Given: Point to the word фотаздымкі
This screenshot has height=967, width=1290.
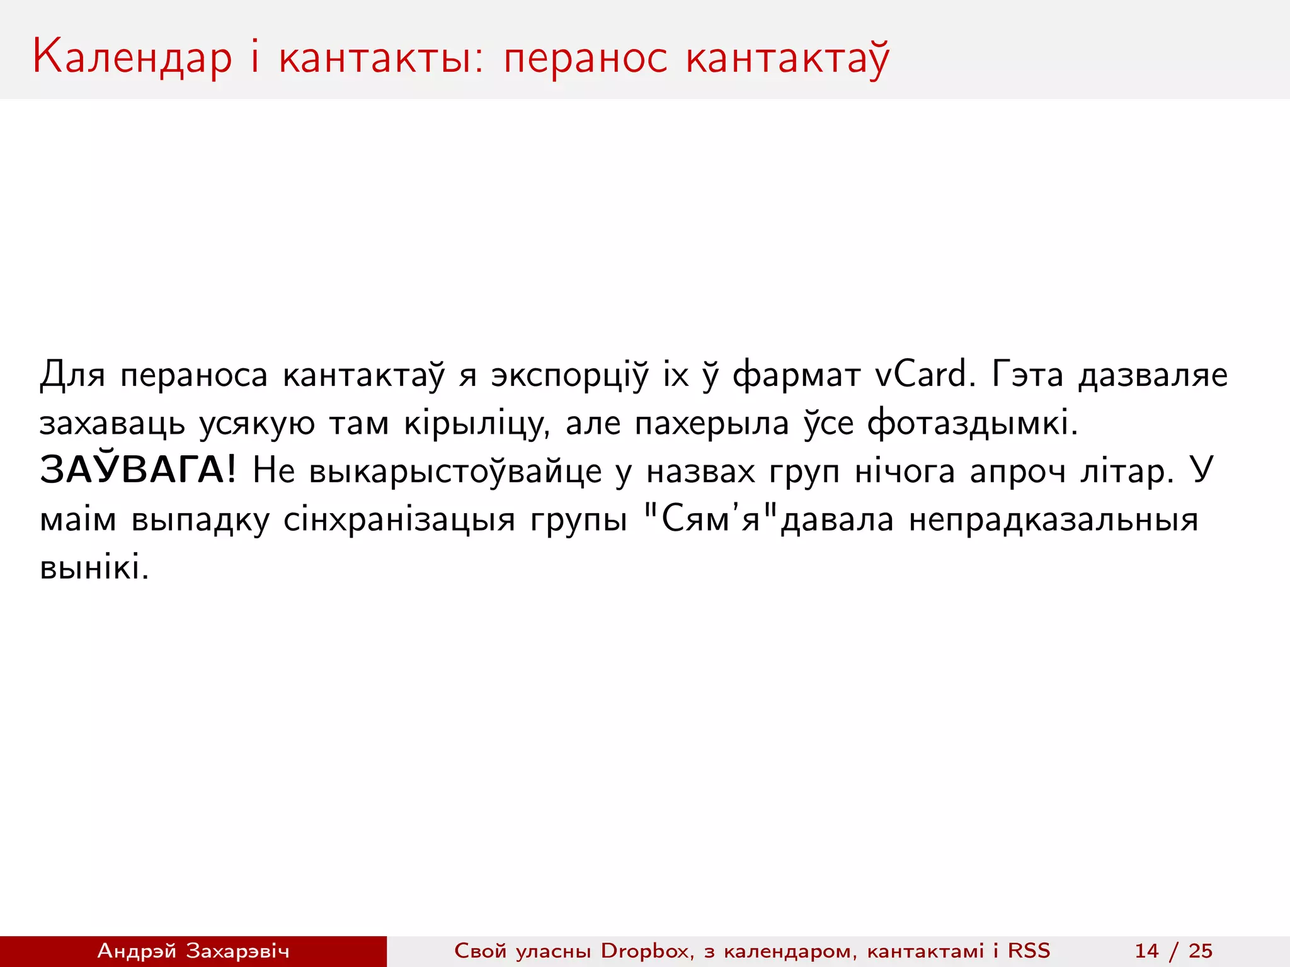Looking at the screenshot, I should point(973,422).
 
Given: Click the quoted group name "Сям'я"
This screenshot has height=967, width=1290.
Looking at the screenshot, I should point(712,519).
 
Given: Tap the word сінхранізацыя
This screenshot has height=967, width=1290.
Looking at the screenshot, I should point(399,520).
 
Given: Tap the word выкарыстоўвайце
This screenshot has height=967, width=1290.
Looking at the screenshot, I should point(455,472).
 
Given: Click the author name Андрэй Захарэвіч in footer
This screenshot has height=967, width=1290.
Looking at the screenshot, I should point(193,951).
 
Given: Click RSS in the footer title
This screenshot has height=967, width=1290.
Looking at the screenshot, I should point(1029,951).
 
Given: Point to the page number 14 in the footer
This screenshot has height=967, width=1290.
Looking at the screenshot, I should point(1146,951).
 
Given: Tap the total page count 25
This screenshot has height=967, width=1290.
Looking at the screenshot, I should point(1201,951).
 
